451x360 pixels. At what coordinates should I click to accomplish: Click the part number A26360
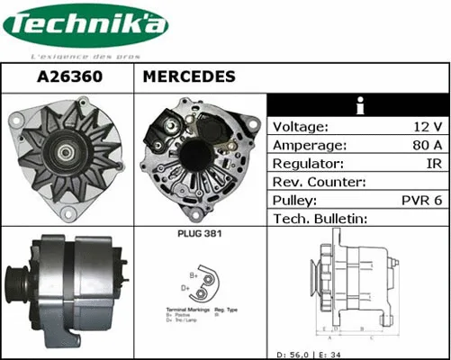(x=68, y=77)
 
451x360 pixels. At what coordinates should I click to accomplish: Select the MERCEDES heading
(x=189, y=77)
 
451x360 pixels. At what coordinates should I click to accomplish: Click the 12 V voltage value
(x=426, y=127)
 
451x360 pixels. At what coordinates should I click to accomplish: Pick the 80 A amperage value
(x=426, y=146)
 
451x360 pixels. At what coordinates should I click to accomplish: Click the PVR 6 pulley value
(x=419, y=201)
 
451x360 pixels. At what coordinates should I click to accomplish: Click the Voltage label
(x=301, y=127)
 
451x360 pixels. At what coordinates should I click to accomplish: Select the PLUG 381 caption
(x=200, y=234)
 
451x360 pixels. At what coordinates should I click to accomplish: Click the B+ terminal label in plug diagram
(x=193, y=273)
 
